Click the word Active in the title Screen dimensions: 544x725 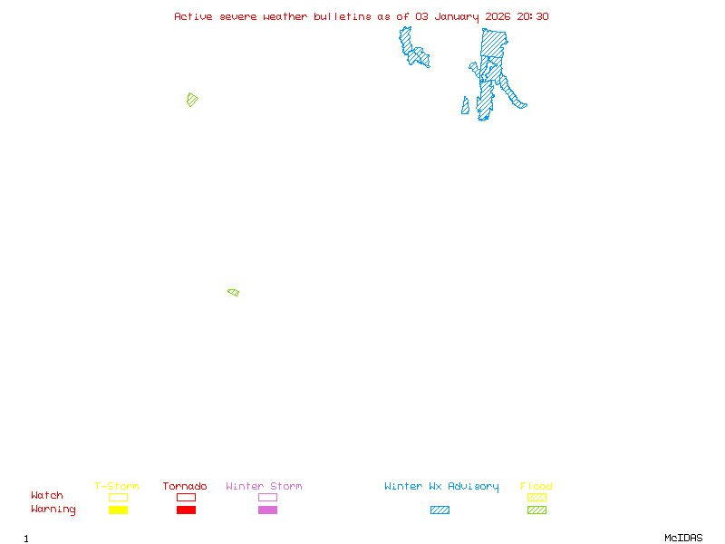(194, 16)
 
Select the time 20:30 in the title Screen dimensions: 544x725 (533, 16)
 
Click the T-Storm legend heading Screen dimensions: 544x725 (117, 487)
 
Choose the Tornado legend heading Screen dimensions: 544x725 (185, 487)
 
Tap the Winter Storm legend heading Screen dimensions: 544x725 (264, 487)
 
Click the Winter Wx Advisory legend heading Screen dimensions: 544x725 (441, 487)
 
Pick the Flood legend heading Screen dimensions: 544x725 (536, 487)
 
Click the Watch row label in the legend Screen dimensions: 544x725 (47, 496)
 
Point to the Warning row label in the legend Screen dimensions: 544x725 (53, 510)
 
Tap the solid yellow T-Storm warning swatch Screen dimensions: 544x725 (118, 510)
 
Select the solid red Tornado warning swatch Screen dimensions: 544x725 (186, 510)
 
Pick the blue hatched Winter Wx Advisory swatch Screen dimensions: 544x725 (440, 510)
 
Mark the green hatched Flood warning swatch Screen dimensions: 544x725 (536, 510)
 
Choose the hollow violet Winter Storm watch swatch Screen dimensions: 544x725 (267, 497)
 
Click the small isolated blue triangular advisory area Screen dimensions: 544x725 (465, 107)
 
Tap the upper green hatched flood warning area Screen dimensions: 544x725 (191, 99)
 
